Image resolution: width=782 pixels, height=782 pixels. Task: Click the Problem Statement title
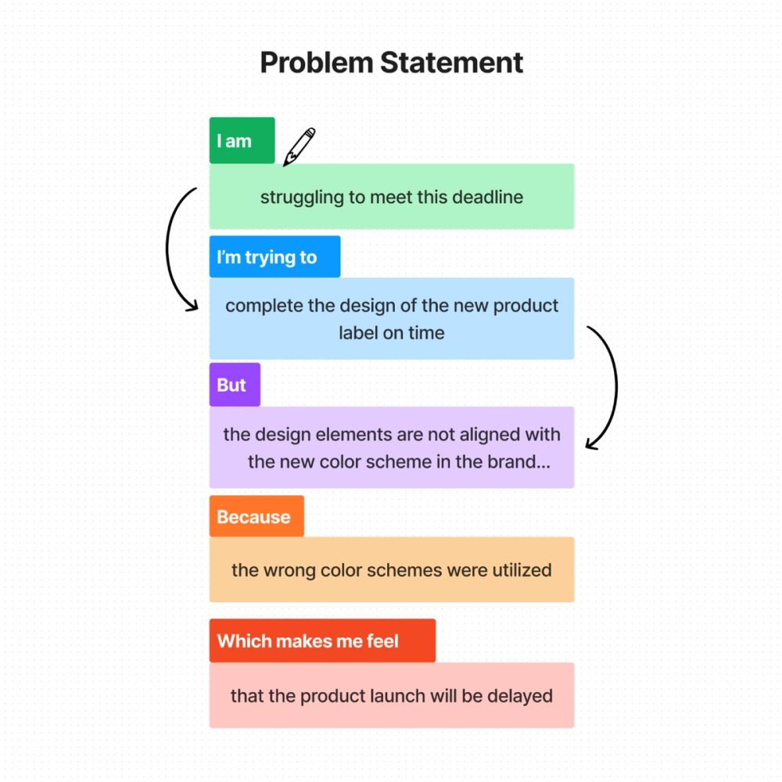click(391, 63)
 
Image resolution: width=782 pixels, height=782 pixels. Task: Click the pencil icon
click(300, 146)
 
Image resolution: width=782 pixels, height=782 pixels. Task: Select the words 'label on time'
click(391, 332)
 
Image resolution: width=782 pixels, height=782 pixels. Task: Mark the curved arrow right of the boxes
click(608, 387)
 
